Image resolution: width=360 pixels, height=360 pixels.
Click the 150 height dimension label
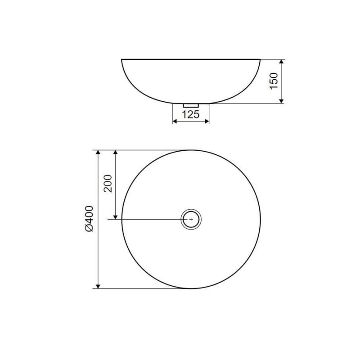[x=274, y=81]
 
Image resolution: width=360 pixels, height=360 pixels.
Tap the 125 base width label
[x=191, y=115]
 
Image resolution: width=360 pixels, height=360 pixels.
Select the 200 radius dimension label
[x=108, y=184]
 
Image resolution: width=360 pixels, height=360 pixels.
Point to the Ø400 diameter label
[x=89, y=219]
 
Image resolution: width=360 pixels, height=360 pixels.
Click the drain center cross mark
[x=191, y=219]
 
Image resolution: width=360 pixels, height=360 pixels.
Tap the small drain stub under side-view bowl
[x=191, y=105]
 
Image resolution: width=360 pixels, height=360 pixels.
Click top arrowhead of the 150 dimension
[x=282, y=62]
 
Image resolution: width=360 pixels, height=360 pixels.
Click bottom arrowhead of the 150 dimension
[x=282, y=101]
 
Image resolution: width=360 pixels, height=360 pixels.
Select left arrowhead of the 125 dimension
[x=175, y=121]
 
